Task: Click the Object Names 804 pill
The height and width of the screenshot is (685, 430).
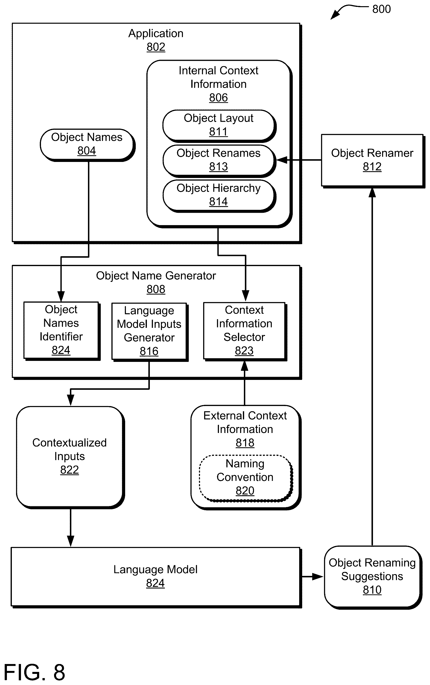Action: pos(88,145)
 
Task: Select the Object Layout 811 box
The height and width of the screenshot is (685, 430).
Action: pos(219,126)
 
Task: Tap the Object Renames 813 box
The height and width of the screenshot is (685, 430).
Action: pos(219,161)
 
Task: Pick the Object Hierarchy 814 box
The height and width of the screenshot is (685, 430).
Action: pos(219,196)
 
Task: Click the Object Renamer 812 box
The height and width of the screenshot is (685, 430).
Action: pos(373,161)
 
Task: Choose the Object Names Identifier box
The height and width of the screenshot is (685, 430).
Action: pos(62,331)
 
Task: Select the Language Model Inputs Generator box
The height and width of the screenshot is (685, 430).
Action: pos(150,332)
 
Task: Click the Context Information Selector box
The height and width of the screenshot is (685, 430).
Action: pos(245,331)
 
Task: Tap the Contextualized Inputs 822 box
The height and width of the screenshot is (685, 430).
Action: pos(70,457)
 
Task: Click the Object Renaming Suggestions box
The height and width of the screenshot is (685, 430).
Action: pos(373,577)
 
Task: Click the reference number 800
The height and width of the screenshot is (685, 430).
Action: pos(381,9)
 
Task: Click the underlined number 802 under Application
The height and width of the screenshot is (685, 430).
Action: pos(156,47)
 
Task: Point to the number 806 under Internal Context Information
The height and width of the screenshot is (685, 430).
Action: pos(218,98)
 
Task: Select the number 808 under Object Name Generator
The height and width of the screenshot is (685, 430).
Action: pos(156,290)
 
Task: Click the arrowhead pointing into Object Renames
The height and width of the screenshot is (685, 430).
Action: pos(282,160)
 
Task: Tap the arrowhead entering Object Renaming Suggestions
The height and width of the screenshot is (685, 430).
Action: pos(318,577)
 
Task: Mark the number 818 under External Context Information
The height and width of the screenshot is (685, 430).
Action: pos(245,443)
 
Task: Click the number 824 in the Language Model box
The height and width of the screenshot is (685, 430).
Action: pos(155,584)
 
